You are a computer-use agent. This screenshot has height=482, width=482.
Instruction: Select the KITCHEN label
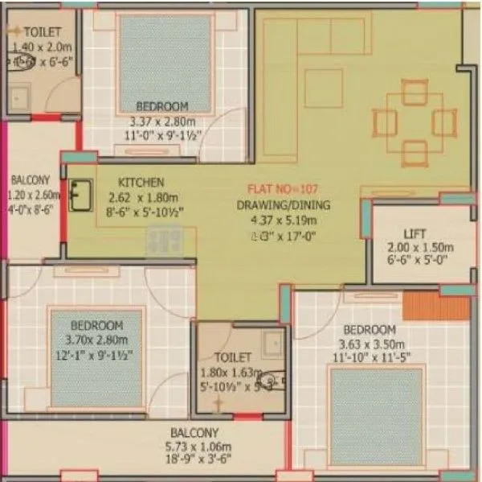[x=141, y=183]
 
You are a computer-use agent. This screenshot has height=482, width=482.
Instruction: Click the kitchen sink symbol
[x=80, y=196]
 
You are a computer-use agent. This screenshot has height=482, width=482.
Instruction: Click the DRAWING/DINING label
[x=283, y=206]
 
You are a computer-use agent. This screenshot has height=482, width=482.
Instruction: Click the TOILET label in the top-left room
[x=36, y=31]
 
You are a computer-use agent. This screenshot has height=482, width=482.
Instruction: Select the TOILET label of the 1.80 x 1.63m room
[x=233, y=356]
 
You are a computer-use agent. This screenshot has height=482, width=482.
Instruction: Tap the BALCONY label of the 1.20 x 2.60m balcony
[x=29, y=180]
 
